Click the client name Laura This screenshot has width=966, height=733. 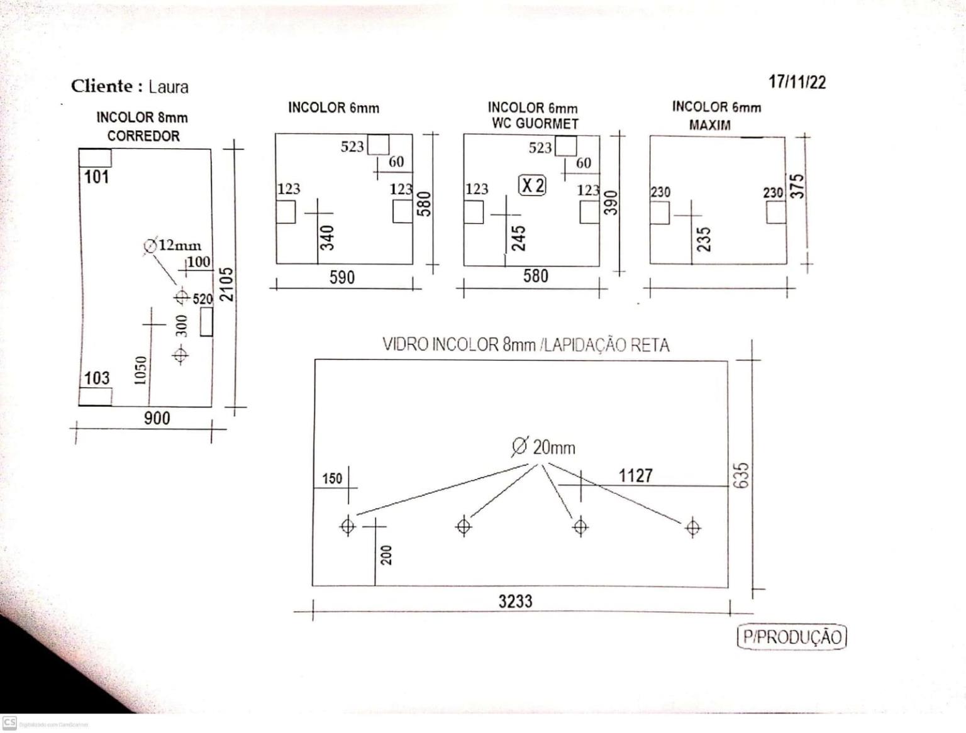tap(168, 87)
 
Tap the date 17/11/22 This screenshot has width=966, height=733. tap(797, 82)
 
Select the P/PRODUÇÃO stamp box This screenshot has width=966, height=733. tap(792, 637)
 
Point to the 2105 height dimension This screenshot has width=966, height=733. tap(226, 284)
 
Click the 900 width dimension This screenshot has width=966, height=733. tap(157, 417)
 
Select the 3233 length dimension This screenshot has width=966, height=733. tap(515, 601)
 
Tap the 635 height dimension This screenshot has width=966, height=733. tap(741, 475)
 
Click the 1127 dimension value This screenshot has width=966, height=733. tap(635, 476)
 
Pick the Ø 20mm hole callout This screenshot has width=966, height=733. tap(543, 447)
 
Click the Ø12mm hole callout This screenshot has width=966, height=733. tap(172, 245)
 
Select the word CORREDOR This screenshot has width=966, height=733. tap(143, 136)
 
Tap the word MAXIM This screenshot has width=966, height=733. tap(709, 125)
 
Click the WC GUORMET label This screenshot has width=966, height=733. tap(535, 124)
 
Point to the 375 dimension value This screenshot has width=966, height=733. tap(797, 186)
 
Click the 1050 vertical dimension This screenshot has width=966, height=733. tap(140, 370)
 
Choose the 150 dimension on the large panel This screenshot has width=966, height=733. tap(332, 478)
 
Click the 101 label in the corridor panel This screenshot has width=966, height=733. tap(96, 177)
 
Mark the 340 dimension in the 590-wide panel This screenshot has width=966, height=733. tap(327, 238)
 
